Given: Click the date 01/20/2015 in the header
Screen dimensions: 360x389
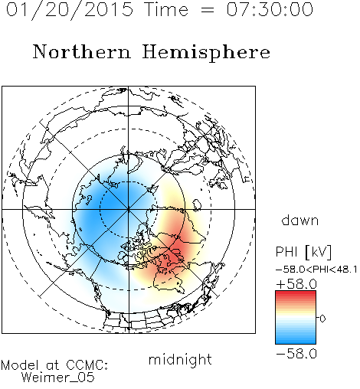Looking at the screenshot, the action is tap(70, 10).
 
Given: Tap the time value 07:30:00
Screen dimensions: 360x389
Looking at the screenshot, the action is tap(270, 9).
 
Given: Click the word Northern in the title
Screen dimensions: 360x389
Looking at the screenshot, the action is tap(82, 51).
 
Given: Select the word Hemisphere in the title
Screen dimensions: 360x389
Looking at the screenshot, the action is tap(206, 53).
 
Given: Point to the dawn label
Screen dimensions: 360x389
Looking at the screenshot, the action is tap(300, 220).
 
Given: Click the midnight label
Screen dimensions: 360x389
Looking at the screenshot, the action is tap(180, 359).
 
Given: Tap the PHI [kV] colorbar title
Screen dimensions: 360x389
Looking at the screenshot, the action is tap(303, 252).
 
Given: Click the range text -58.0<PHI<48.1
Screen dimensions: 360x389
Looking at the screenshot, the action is tap(316, 270).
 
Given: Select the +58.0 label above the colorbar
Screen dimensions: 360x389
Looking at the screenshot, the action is tap(296, 284).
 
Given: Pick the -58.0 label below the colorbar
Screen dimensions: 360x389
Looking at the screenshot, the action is tap(296, 354).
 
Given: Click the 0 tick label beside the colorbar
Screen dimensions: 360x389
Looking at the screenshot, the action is tap(322, 319).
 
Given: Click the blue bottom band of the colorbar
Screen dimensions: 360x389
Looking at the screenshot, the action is tap(296, 340).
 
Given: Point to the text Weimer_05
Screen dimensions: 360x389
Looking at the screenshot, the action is tap(58, 378).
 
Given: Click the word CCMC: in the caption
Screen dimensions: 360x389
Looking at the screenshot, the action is tap(87, 365).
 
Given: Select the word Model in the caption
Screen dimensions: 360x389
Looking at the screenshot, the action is tap(20, 365).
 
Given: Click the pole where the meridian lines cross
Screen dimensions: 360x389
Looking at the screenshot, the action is tap(129, 209).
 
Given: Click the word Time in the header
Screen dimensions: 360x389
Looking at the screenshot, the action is tap(166, 9).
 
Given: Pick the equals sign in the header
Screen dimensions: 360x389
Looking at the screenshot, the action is tap(208, 11).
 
